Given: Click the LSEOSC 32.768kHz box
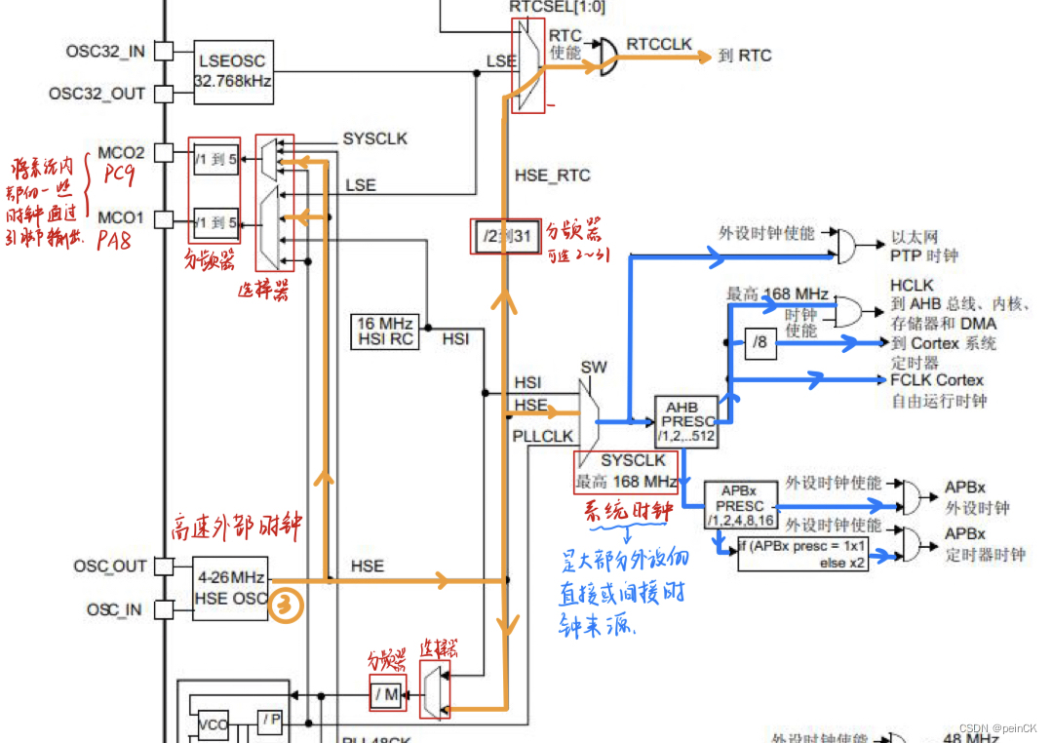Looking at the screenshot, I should (233, 71).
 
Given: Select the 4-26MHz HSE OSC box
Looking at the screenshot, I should (229, 587).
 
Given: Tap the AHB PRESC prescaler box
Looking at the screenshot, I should (689, 421).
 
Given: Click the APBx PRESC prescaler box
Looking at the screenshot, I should (739, 506).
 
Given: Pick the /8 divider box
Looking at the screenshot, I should (760, 342).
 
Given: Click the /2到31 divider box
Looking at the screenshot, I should (505, 236).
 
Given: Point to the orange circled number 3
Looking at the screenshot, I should (286, 605).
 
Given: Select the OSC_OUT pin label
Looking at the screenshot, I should (109, 567).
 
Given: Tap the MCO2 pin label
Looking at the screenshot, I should (121, 153).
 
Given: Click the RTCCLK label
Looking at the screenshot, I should (659, 44).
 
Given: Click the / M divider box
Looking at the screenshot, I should (387, 694).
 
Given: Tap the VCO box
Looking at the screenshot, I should (213, 724).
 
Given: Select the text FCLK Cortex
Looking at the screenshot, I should (936, 380).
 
